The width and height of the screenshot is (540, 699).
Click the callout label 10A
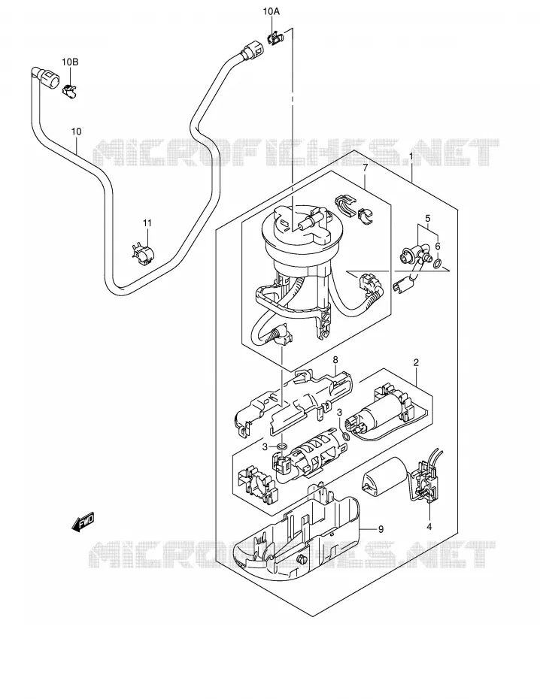pos(271,12)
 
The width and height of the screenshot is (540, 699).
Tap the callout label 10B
pos(70,62)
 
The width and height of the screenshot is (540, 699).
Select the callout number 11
pos(147,223)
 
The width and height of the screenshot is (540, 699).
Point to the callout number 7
pos(365,168)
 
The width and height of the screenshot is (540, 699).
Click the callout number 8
pos(335,359)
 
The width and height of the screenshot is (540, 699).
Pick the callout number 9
pos(381,529)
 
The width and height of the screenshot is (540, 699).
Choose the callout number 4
pos(429,526)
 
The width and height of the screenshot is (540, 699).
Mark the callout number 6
pos(438,246)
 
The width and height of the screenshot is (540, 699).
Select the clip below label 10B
pos(69,90)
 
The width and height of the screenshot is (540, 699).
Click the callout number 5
pos(427,219)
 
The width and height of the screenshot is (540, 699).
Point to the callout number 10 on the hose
pos(76,132)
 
